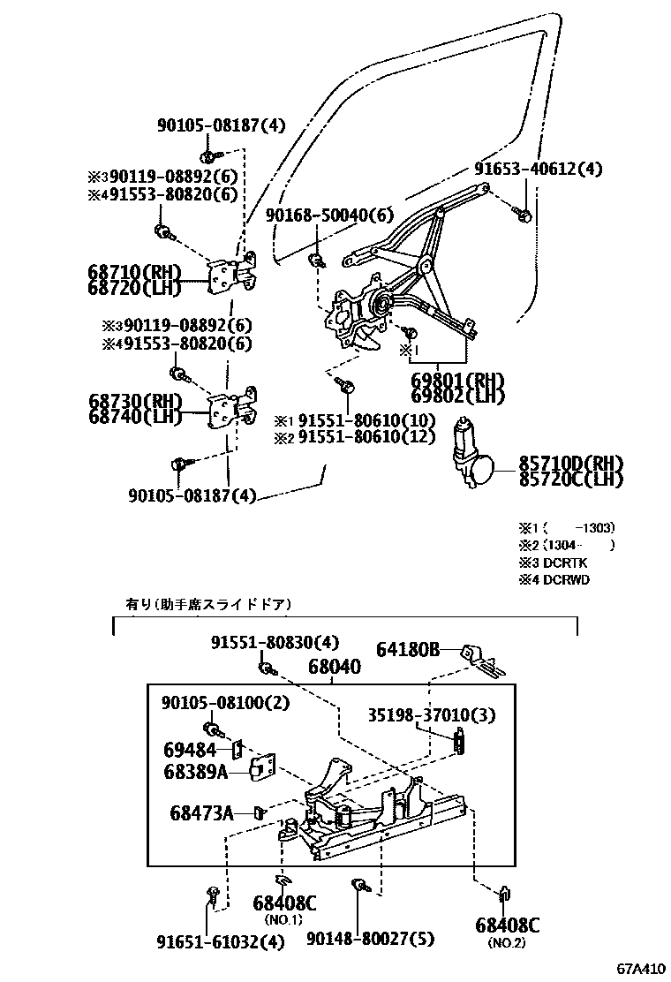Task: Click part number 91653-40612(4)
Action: pyautogui.click(x=538, y=169)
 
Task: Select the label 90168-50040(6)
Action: pyautogui.click(x=329, y=215)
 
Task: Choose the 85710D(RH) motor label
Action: pyautogui.click(x=570, y=464)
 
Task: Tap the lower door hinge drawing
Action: pyautogui.click(x=233, y=409)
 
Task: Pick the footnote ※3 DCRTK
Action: pyautogui.click(x=553, y=563)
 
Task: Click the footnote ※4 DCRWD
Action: pyautogui.click(x=554, y=579)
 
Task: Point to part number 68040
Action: pyautogui.click(x=334, y=668)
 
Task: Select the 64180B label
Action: pyautogui.click(x=408, y=651)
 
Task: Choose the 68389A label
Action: pyautogui.click(x=196, y=771)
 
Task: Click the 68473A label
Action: pyautogui.click(x=201, y=812)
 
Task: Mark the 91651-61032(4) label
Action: pyautogui.click(x=215, y=941)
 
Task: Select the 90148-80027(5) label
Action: pyautogui.click(x=371, y=940)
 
